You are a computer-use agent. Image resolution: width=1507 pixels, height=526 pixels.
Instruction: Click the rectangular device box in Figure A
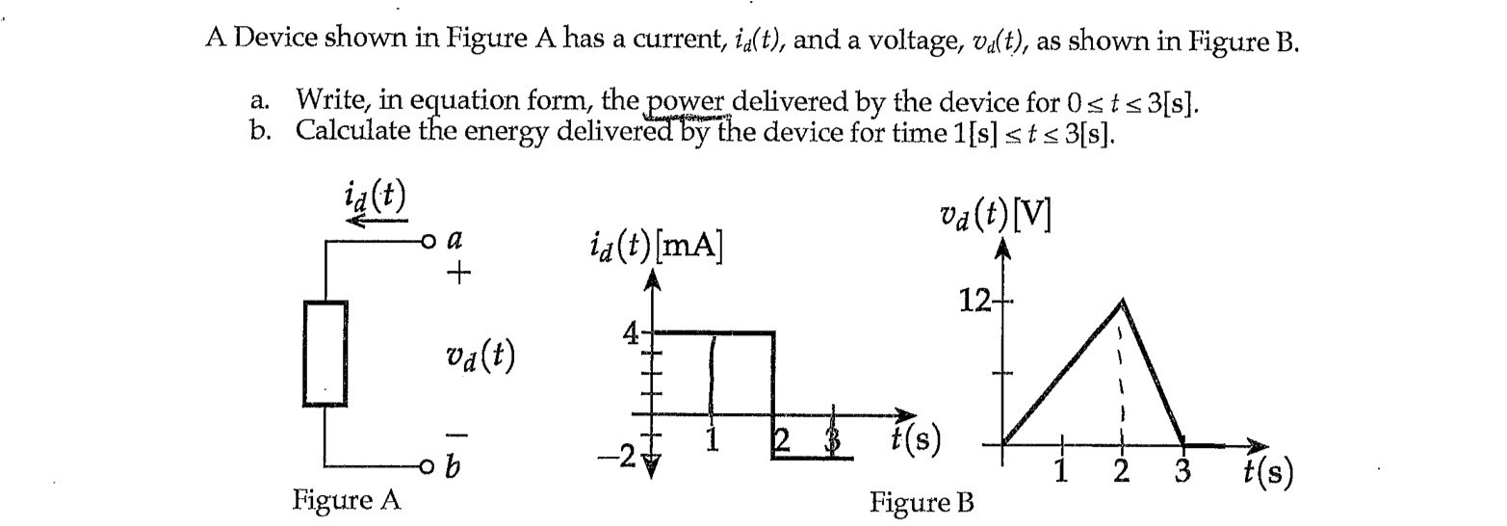(325, 354)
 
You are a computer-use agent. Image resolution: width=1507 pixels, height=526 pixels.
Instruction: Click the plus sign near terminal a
(459, 274)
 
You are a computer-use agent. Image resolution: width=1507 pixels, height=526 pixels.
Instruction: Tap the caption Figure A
(346, 500)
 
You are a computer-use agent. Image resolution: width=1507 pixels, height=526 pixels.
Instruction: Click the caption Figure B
(922, 502)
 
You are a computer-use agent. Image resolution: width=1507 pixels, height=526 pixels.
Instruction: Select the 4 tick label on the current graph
(632, 334)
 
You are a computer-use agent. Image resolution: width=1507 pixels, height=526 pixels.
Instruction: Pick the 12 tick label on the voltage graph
(974, 302)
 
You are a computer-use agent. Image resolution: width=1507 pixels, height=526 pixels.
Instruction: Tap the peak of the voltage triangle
(1122, 302)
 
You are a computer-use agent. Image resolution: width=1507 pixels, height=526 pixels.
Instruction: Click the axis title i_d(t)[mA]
(656, 248)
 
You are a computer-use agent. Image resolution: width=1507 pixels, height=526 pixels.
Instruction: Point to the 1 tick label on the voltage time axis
(1061, 471)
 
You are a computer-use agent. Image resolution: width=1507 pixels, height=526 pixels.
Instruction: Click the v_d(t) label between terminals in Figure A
(481, 356)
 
